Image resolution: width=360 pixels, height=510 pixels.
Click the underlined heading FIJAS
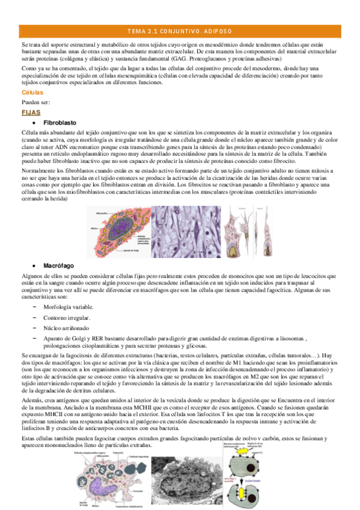[x=30, y=112]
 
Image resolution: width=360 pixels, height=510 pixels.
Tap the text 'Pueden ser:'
[x=35, y=103]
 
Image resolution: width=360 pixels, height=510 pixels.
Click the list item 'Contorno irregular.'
[x=67, y=317]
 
